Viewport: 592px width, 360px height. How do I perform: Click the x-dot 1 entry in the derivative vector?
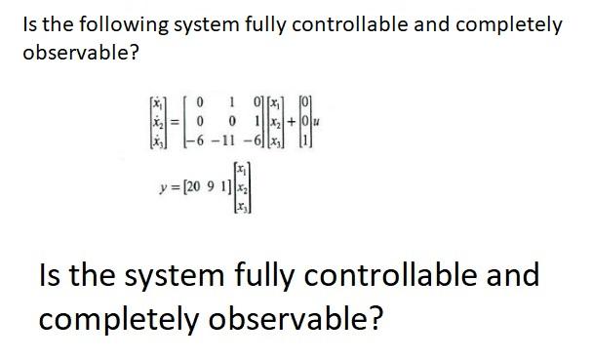point(156,101)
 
